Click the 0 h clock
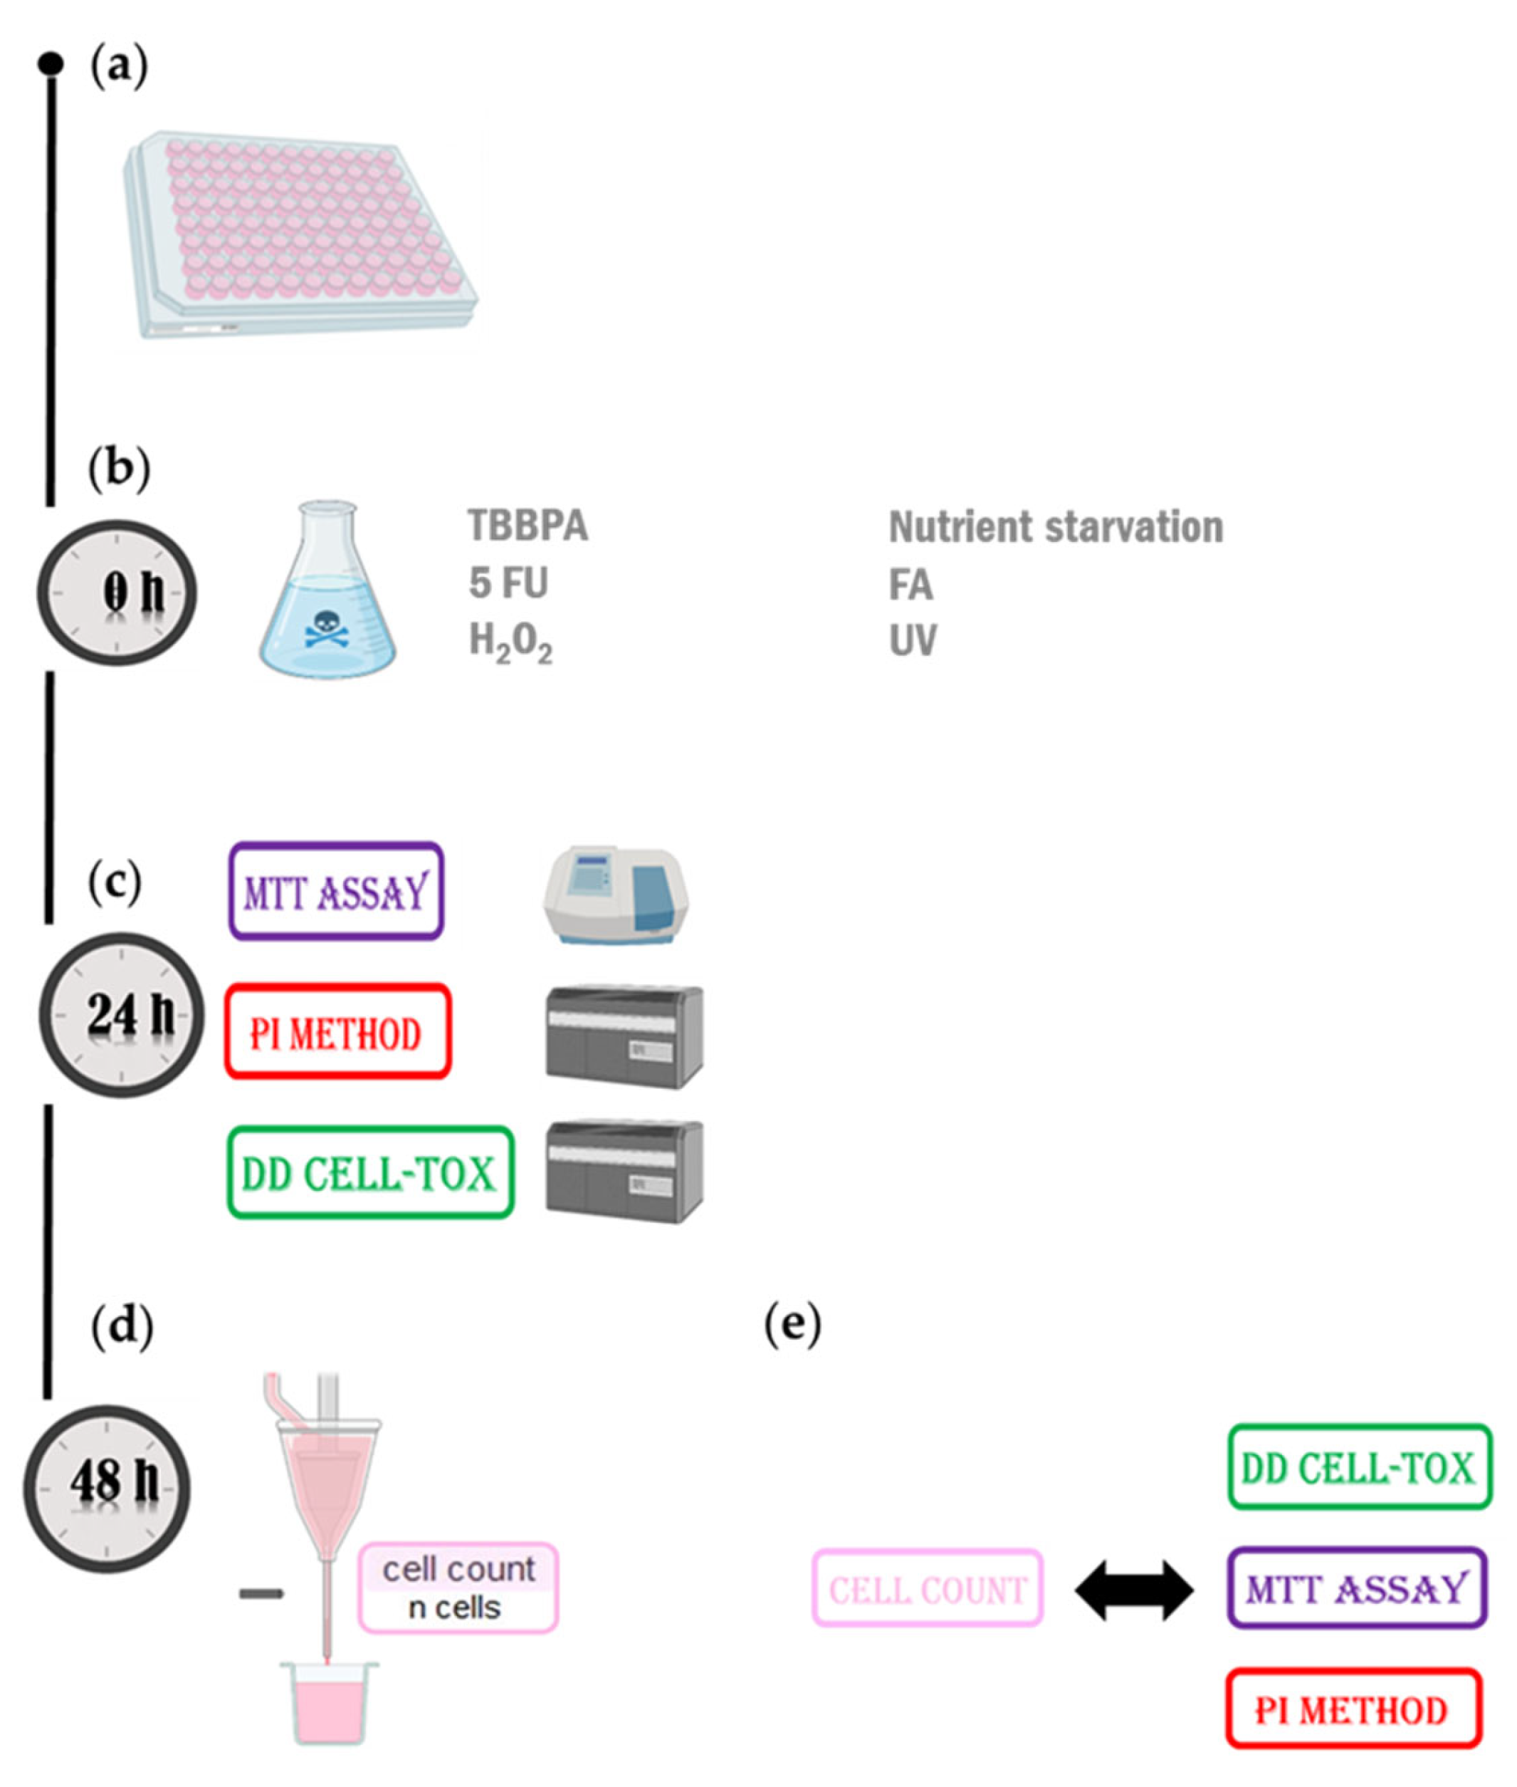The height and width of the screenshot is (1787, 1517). [117, 593]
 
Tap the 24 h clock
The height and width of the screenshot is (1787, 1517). [121, 1015]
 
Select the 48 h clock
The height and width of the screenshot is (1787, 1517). [106, 1489]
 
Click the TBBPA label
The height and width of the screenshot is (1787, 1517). [528, 526]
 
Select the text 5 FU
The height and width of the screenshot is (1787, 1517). [508, 583]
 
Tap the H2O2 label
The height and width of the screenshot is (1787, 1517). [510, 642]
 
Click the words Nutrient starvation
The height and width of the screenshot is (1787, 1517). [1055, 527]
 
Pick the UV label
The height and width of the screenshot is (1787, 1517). [913, 642]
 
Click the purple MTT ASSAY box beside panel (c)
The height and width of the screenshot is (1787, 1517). [336, 891]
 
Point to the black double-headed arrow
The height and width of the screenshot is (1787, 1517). [1134, 1591]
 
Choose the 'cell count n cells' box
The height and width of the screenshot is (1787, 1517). [458, 1588]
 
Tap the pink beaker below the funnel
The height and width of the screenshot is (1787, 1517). [330, 1703]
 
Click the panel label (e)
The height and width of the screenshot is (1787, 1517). [792, 1326]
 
